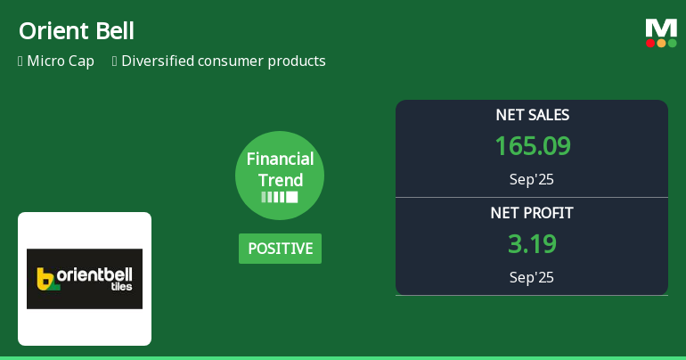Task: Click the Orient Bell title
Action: pyautogui.click(x=77, y=31)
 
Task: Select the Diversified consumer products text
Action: pyautogui.click(x=223, y=61)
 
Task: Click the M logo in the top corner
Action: pyautogui.click(x=661, y=29)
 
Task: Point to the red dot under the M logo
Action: pyautogui.click(x=650, y=43)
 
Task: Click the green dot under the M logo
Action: pyautogui.click(x=672, y=43)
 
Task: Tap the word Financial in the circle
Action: pyautogui.click(x=280, y=160)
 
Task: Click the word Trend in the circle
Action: pyautogui.click(x=281, y=180)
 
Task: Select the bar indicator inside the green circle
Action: pyautogui.click(x=280, y=197)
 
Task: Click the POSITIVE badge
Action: pyautogui.click(x=280, y=249)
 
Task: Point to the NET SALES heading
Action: pyautogui.click(x=532, y=115)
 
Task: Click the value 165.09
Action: pyautogui.click(x=532, y=146)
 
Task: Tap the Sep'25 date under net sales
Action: pyautogui.click(x=532, y=179)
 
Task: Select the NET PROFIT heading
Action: pyautogui.click(x=532, y=213)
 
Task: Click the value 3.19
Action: pyautogui.click(x=532, y=244)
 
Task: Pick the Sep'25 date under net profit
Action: pyautogui.click(x=532, y=277)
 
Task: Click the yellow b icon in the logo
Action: pyautogui.click(x=45, y=279)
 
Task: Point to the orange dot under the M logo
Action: pyautogui.click(x=661, y=43)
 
